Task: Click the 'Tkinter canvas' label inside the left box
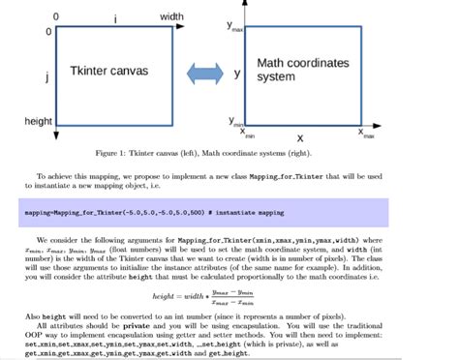click(109, 72)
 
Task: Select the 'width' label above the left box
click(171, 16)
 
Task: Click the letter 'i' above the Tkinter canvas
click(115, 18)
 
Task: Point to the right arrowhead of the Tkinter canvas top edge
click(177, 29)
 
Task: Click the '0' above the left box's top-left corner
click(55, 16)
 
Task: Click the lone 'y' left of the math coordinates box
click(236, 73)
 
